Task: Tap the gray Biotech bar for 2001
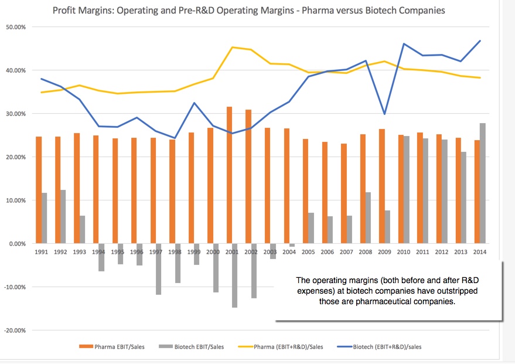(235, 275)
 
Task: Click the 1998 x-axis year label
(175, 252)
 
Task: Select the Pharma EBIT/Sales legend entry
(114, 346)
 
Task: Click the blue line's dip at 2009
(384, 114)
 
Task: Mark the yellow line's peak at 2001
(233, 47)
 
